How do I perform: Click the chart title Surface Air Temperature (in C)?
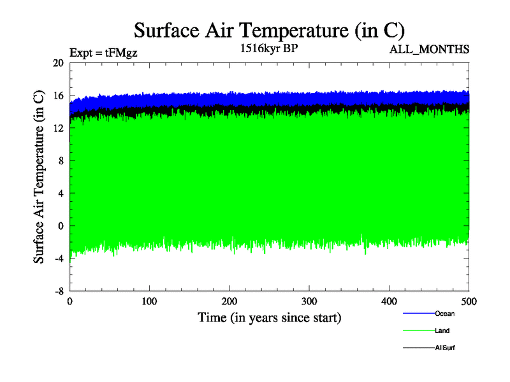pyautogui.click(x=269, y=30)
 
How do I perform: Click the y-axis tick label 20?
pyautogui.click(x=58, y=63)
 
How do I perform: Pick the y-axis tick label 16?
pyautogui.click(x=58, y=95)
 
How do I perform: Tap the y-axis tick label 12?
pyautogui.click(x=58, y=128)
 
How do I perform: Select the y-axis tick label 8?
pyautogui.click(x=61, y=160)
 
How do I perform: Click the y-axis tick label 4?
pyautogui.click(x=61, y=193)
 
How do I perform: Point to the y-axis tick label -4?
pyautogui.click(x=59, y=258)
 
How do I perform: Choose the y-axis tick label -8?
pyautogui.click(x=59, y=291)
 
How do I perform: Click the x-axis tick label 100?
pyautogui.click(x=150, y=301)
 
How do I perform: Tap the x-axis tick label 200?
pyautogui.click(x=229, y=301)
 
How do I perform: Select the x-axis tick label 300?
pyautogui.click(x=309, y=301)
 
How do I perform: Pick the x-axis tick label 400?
pyautogui.click(x=389, y=301)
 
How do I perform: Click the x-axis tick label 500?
pyautogui.click(x=469, y=301)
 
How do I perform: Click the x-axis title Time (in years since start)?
pyautogui.click(x=269, y=317)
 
